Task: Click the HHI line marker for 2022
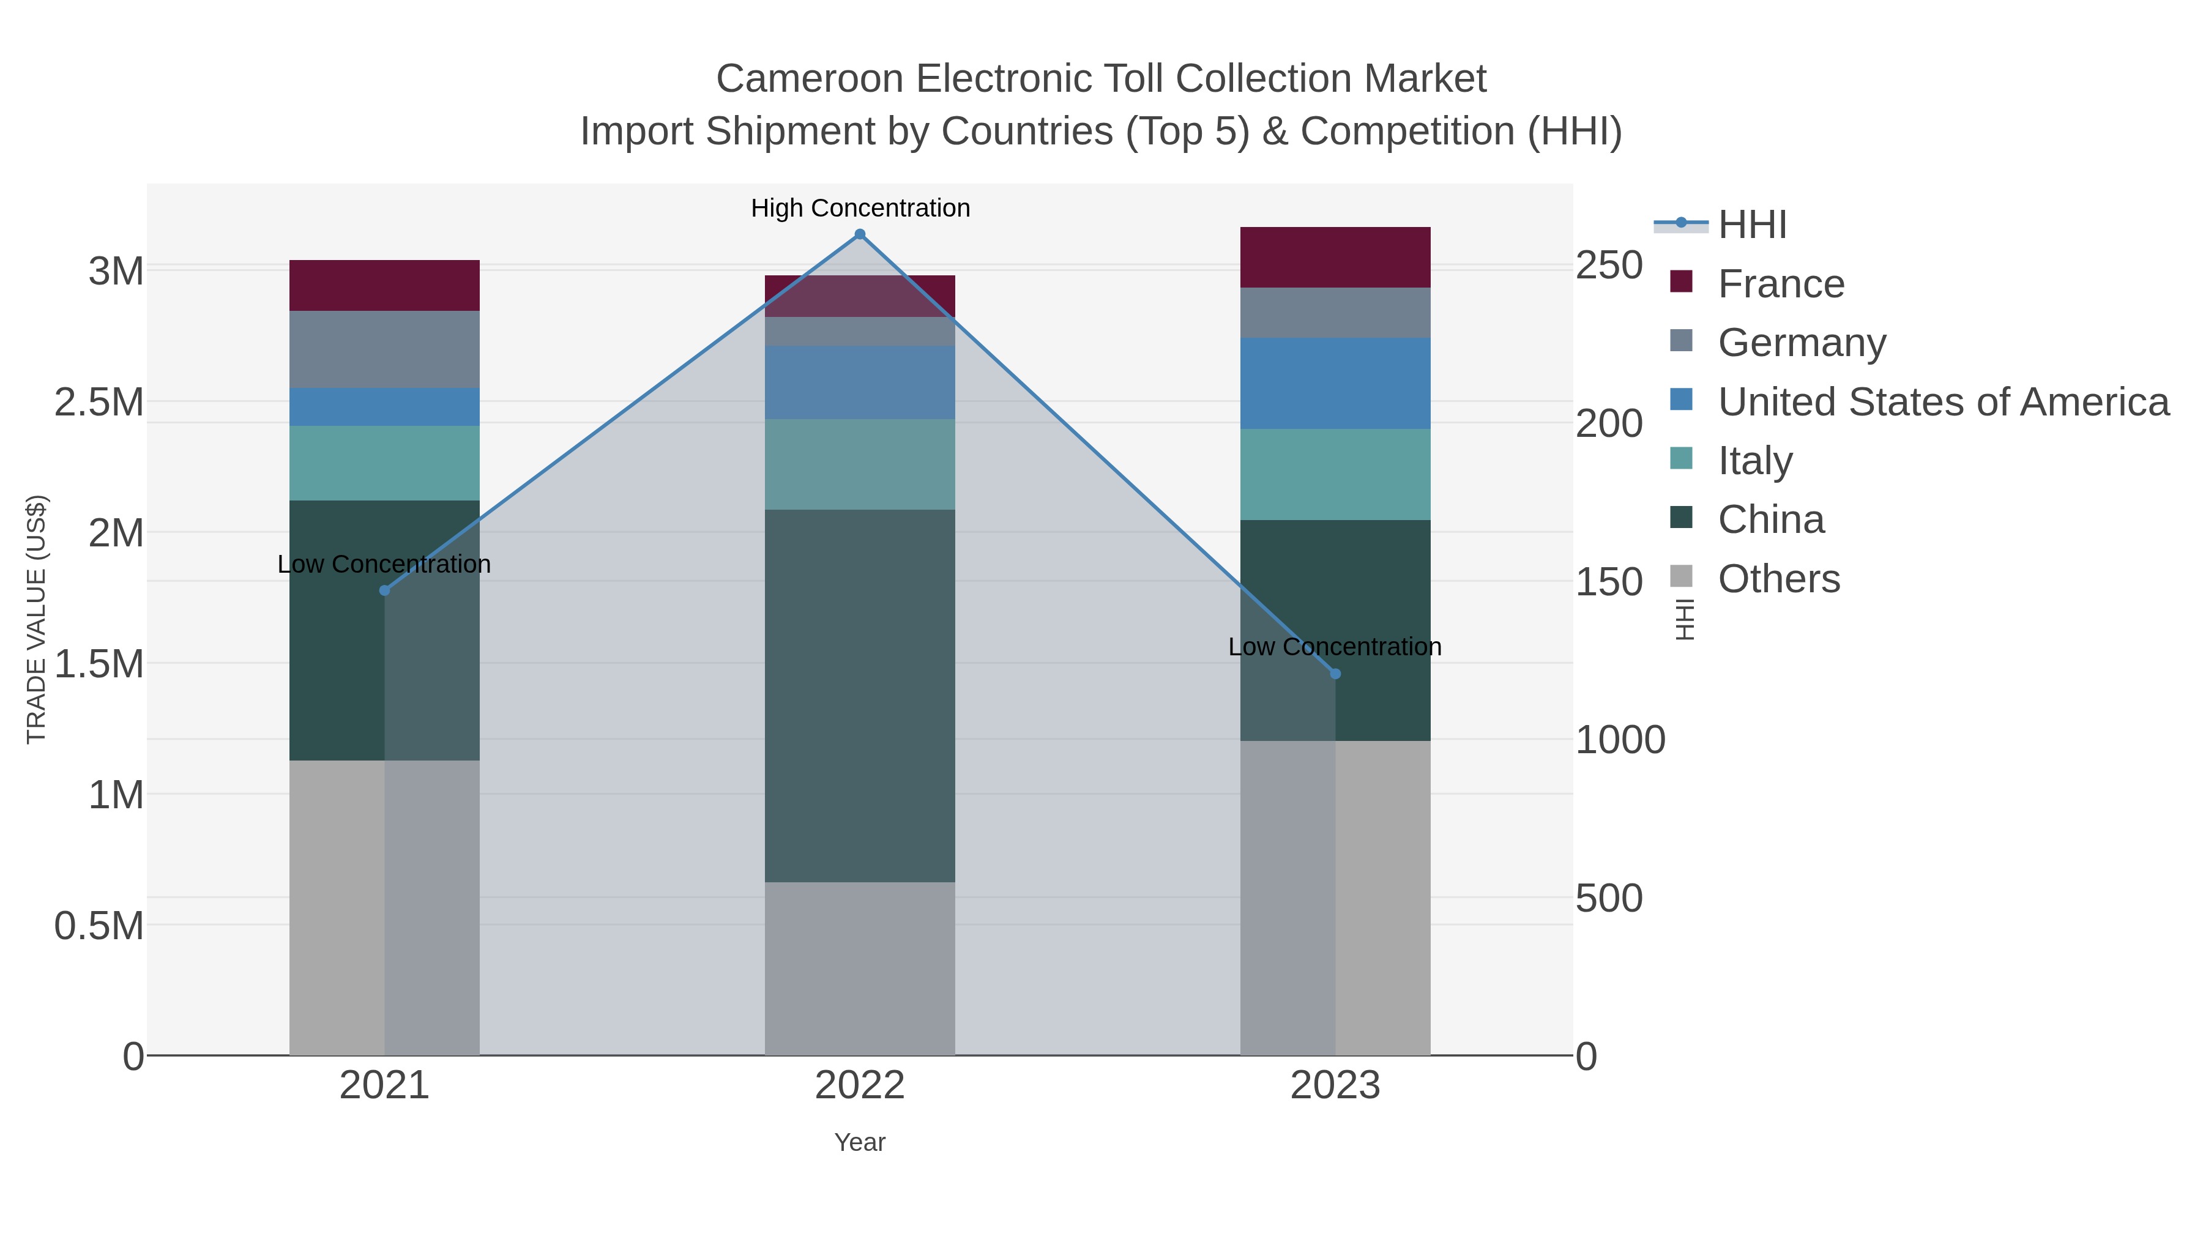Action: pyautogui.click(x=860, y=234)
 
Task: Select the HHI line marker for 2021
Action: pyautogui.click(x=384, y=590)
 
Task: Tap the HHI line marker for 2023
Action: pyautogui.click(x=1335, y=674)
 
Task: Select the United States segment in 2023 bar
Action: pyautogui.click(x=1335, y=383)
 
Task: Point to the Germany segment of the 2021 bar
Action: pyautogui.click(x=384, y=349)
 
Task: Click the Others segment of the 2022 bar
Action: pyautogui.click(x=860, y=968)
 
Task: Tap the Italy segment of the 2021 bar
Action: pyautogui.click(x=384, y=463)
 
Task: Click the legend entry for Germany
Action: pyautogui.click(x=1801, y=343)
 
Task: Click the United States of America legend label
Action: pyautogui.click(x=1943, y=402)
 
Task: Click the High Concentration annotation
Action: pyautogui.click(x=860, y=208)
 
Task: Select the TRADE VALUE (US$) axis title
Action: pyautogui.click(x=37, y=619)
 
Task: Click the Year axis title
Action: pyautogui.click(x=860, y=1142)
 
